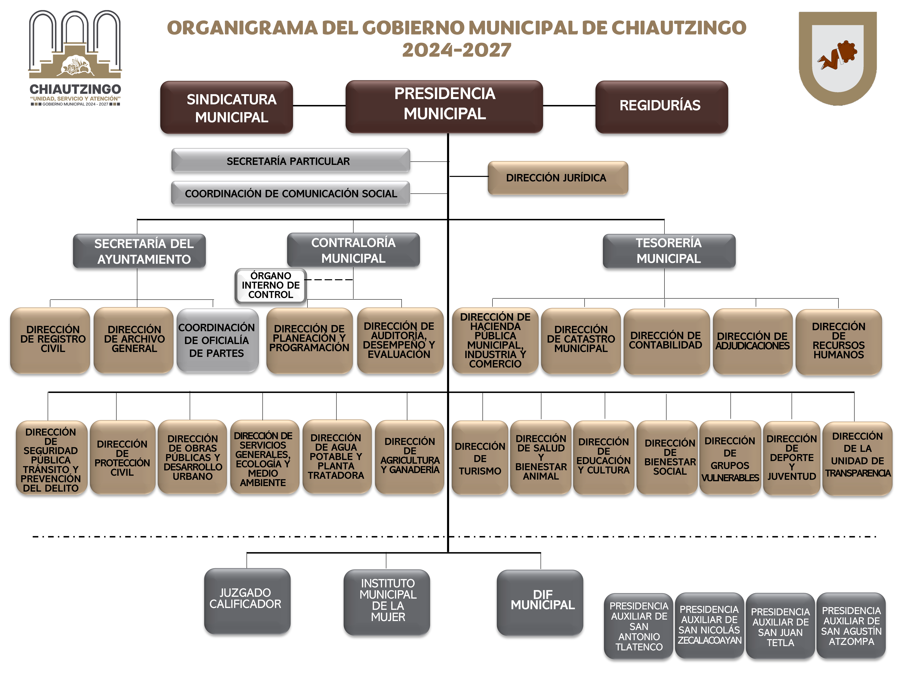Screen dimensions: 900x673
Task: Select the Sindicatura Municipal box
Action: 227,107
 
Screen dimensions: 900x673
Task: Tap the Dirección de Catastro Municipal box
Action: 581,341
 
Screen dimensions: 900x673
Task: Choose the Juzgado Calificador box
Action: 247,601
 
